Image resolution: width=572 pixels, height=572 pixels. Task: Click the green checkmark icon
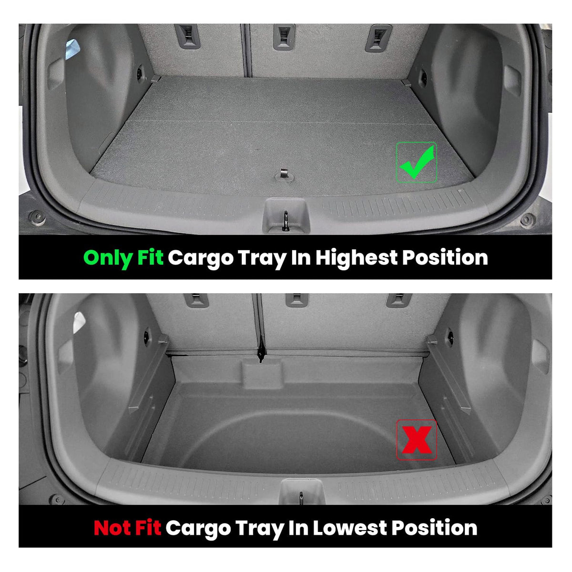point(417,163)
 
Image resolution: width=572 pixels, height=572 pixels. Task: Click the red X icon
point(417,439)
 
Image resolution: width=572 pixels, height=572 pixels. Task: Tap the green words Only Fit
point(123,258)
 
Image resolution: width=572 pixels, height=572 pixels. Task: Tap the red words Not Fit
point(127,528)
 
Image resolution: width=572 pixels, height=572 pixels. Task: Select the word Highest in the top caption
point(356,257)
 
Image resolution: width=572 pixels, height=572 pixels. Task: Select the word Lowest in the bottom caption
point(350,528)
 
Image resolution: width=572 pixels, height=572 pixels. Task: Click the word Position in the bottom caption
point(434,528)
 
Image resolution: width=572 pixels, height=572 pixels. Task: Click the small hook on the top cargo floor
point(285,175)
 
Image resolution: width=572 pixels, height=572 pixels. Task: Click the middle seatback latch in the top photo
point(284,37)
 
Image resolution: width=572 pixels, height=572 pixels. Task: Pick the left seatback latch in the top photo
point(187,36)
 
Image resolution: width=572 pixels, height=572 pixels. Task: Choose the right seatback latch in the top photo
point(378,38)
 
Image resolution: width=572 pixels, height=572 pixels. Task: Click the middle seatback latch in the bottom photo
point(296,300)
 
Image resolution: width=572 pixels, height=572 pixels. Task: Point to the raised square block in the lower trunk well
point(262,374)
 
